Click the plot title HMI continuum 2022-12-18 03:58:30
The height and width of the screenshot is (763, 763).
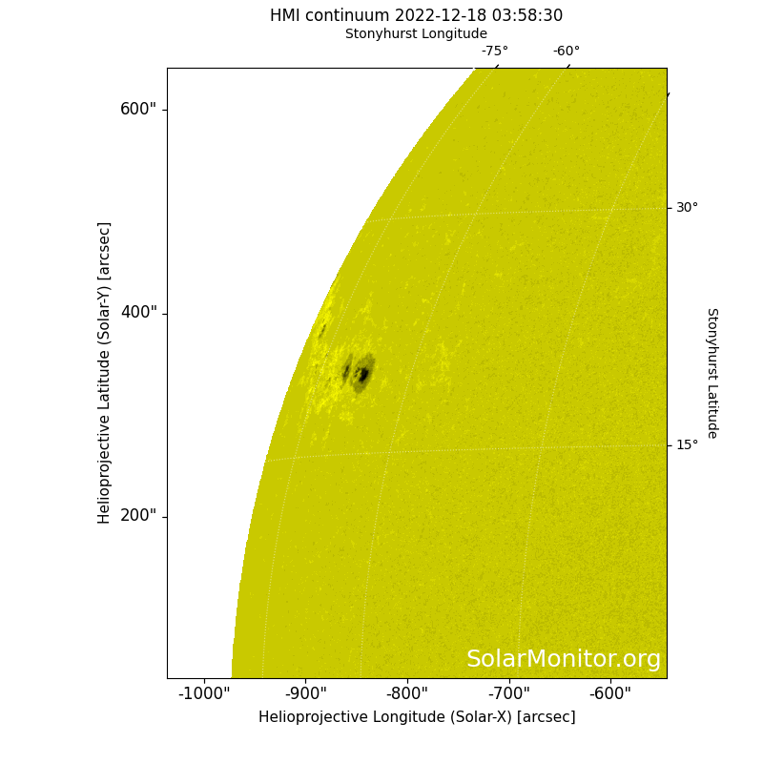coord(416,15)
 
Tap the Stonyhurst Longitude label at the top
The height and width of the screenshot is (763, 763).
coord(416,33)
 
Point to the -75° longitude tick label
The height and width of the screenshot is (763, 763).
coord(495,51)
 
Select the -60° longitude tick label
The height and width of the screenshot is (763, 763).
coord(567,51)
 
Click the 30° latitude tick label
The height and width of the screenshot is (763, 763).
coord(687,208)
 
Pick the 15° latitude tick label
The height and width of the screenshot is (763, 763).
coord(687,444)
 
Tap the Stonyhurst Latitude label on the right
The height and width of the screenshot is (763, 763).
coord(712,373)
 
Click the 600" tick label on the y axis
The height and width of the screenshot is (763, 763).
coord(138,109)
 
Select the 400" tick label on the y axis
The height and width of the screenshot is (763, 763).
coord(138,312)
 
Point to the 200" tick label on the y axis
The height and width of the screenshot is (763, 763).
coord(138,515)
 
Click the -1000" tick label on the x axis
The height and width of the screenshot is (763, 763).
coord(204,693)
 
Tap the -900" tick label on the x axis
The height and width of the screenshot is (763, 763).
coord(305,693)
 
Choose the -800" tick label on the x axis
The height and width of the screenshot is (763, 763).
coord(407,693)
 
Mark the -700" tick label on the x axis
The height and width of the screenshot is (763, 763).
coord(509,693)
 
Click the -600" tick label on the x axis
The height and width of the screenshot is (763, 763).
coord(610,693)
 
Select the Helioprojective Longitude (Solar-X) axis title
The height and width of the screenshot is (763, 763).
coord(417,717)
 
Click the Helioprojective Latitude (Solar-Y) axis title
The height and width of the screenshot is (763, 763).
coord(104,373)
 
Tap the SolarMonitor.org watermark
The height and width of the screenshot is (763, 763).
coord(564,659)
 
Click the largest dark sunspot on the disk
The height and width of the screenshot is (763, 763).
coord(363,373)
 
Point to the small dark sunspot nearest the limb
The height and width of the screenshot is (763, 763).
coord(321,330)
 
